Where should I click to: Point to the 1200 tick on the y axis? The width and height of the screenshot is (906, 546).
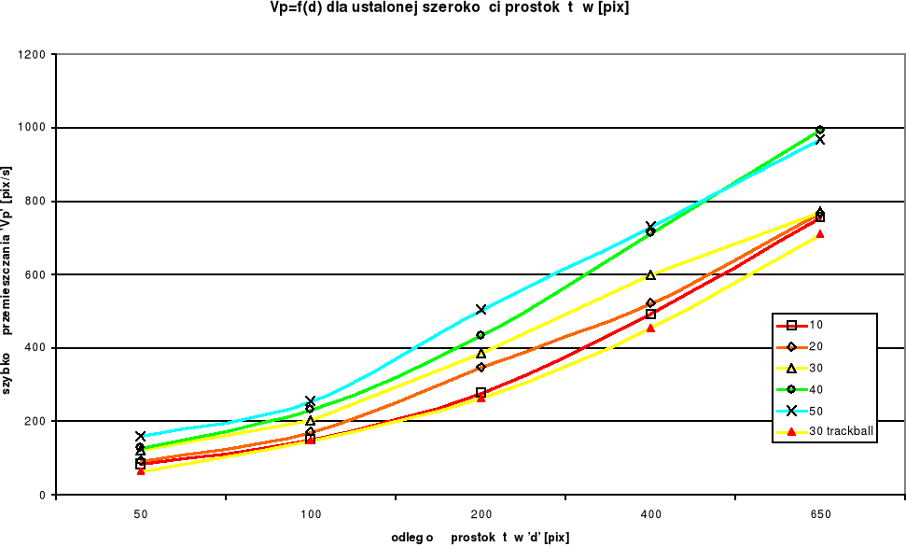[x=34, y=54]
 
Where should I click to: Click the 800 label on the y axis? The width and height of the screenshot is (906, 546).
[x=37, y=202]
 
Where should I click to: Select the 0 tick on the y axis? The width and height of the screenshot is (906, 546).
[x=44, y=495]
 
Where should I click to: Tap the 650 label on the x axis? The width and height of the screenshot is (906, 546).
[x=820, y=514]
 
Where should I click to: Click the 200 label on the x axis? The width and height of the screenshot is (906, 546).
[x=481, y=514]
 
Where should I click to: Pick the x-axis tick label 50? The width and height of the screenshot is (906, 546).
[x=140, y=514]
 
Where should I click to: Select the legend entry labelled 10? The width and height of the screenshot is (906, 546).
[x=817, y=325]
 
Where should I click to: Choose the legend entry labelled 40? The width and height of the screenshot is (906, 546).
[x=817, y=389]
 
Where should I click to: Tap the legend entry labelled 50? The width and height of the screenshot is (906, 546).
[x=817, y=411]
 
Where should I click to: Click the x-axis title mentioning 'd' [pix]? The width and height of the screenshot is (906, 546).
[x=481, y=537]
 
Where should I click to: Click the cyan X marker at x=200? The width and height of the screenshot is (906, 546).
[x=481, y=309]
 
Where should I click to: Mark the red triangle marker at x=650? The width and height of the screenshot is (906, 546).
[x=820, y=234]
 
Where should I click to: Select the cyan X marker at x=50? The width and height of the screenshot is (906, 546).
[x=140, y=436]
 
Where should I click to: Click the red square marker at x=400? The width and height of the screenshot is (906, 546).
[x=650, y=315]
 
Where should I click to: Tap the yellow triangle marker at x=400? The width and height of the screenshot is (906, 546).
[x=650, y=274]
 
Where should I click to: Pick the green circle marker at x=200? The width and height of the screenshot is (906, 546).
[x=481, y=335]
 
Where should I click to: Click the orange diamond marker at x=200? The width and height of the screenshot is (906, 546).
[x=481, y=367]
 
